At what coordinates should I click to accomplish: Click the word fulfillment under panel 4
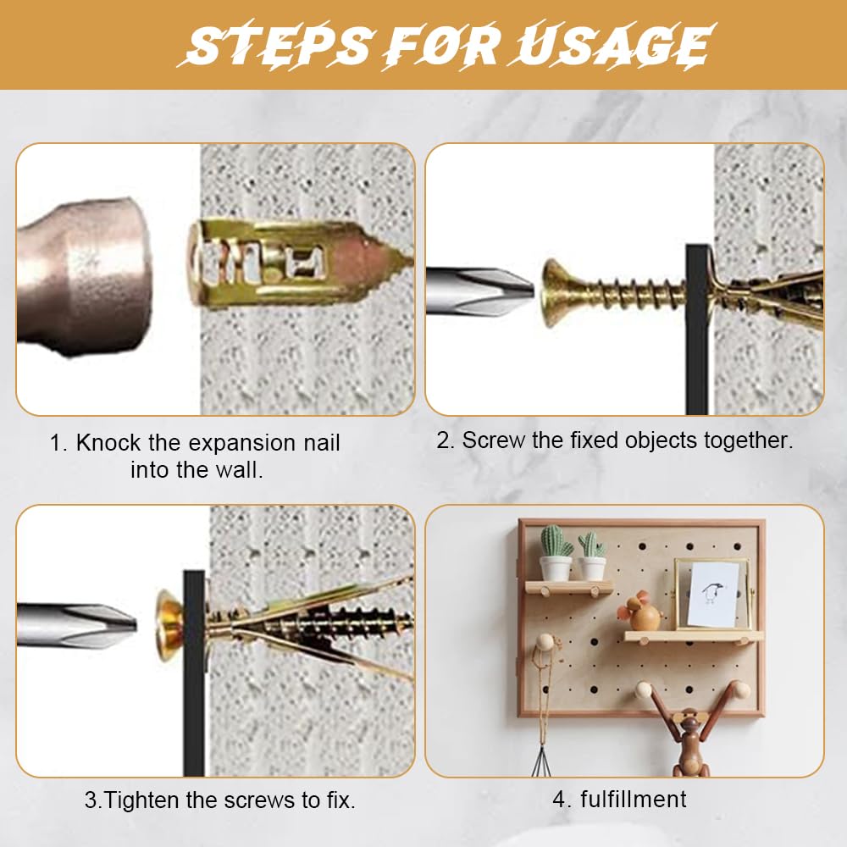633,799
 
